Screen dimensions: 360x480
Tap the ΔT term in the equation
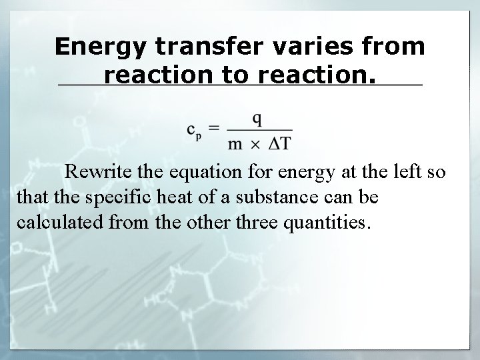[x=280, y=141]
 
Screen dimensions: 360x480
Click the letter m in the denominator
[x=235, y=142]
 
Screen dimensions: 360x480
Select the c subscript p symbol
[x=194, y=131]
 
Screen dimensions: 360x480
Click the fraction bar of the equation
[x=259, y=130]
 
